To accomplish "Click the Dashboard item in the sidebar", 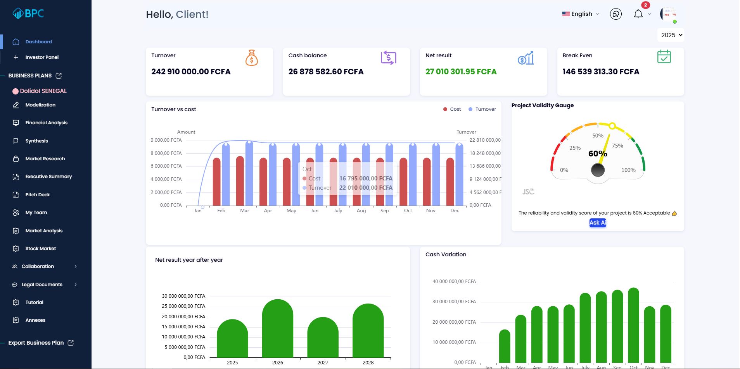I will pos(38,42).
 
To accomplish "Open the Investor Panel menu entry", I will pos(42,57).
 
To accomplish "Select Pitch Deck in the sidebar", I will pos(38,195).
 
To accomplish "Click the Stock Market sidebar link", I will pos(40,249).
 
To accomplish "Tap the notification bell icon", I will pos(638,14).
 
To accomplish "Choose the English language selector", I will pos(581,14).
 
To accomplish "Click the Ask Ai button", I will pos(598,223).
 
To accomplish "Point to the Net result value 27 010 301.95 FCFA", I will pos(461,72).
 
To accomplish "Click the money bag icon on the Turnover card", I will pos(251,58).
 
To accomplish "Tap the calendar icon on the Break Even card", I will pos(664,57).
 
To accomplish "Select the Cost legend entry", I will pos(452,109).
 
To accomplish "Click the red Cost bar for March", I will pos(240,181).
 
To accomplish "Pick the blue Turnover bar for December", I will pos(459,174).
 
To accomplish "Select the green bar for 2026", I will pos(277,329).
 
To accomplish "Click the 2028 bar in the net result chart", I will pos(368,331).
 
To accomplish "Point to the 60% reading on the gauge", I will pos(598,154).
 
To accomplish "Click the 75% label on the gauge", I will pos(617,146).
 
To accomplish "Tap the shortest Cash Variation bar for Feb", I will pos(505,347).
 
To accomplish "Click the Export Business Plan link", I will pos(36,343).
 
